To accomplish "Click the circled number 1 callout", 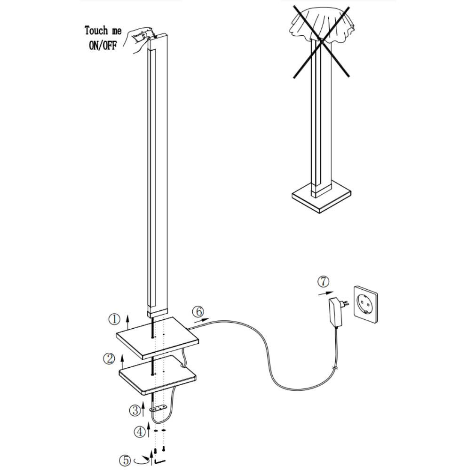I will click(114, 320).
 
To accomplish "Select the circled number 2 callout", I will click(109, 359).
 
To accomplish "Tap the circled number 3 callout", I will click(135, 410).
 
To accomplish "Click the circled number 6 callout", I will click(198, 311).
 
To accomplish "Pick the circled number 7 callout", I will click(323, 282).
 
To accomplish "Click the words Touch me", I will click(103, 31).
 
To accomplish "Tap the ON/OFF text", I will click(103, 46).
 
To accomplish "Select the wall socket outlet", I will click(365, 305).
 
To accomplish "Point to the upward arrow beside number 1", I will click(127, 321).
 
